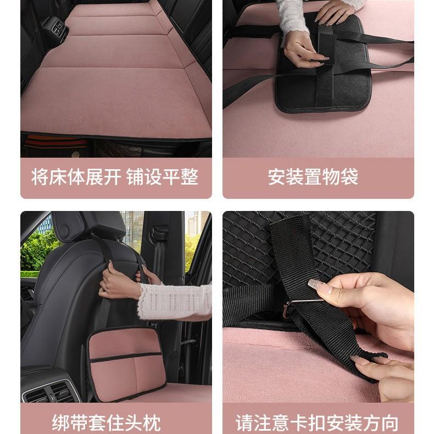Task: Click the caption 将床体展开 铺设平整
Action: tap(115, 177)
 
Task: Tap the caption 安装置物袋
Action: tap(313, 177)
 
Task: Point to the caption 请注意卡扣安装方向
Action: tap(317, 424)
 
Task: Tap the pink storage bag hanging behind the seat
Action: tap(126, 363)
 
